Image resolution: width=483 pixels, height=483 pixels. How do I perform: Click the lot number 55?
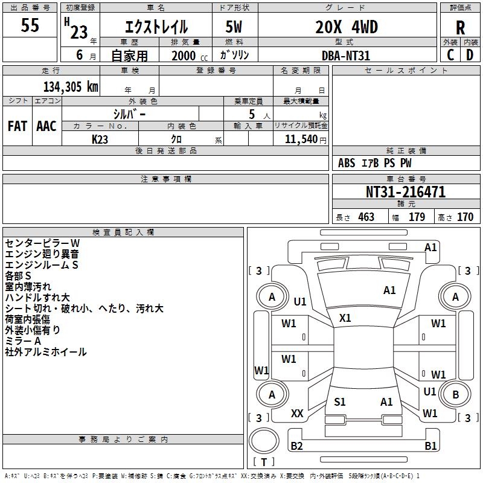point(31,27)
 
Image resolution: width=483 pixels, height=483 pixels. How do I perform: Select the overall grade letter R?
point(460,27)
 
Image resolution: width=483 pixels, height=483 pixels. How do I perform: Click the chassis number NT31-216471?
point(406,193)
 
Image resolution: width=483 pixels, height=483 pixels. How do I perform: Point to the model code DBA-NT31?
point(346,56)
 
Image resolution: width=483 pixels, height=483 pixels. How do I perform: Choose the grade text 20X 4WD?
point(346,27)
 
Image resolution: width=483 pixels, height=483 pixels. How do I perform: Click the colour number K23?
point(100,139)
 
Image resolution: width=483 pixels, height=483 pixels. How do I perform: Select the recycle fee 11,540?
point(300,139)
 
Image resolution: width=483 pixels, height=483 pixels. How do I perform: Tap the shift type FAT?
point(17,126)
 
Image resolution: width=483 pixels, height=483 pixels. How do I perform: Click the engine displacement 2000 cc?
point(187,56)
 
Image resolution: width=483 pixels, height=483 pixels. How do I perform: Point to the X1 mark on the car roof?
point(345,318)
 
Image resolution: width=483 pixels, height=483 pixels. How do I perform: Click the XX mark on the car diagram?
point(297,414)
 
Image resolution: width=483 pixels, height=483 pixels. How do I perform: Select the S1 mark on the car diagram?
point(340,401)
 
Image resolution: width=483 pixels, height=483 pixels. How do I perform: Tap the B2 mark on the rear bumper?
point(296,446)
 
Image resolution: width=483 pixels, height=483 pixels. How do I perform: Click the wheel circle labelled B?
point(455,395)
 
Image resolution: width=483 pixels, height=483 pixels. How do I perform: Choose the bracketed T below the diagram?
point(264,462)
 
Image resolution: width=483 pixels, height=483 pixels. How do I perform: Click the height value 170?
point(465,217)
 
